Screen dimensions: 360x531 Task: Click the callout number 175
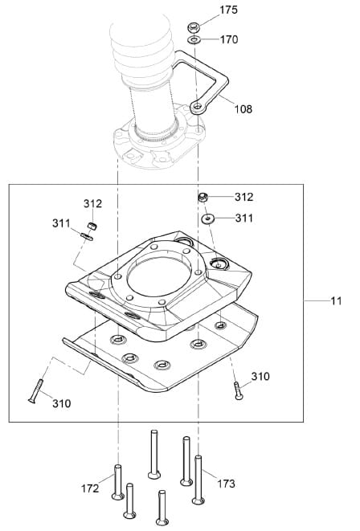tap(228, 10)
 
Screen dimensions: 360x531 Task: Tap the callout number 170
tap(229, 39)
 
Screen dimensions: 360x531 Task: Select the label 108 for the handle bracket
tap(243, 109)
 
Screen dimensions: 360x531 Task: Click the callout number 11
tap(336, 300)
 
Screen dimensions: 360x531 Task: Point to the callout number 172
tap(90, 488)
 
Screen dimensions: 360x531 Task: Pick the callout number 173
tap(226, 484)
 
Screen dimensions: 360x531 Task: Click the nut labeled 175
tap(194, 26)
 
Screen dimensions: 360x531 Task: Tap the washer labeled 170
tap(194, 40)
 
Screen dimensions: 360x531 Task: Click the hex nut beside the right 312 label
tap(202, 197)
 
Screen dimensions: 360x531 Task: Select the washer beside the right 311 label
tap(207, 219)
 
